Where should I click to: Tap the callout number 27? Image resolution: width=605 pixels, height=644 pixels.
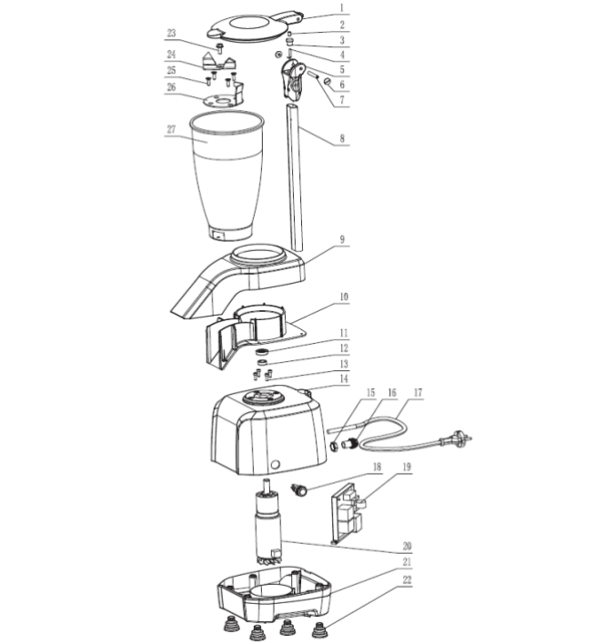pos(170,129)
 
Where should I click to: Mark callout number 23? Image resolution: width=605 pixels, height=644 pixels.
pos(170,34)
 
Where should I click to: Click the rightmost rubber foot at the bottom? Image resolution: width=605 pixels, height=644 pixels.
pos(320,629)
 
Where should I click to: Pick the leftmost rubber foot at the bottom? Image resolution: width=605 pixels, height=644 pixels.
pos(226,627)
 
